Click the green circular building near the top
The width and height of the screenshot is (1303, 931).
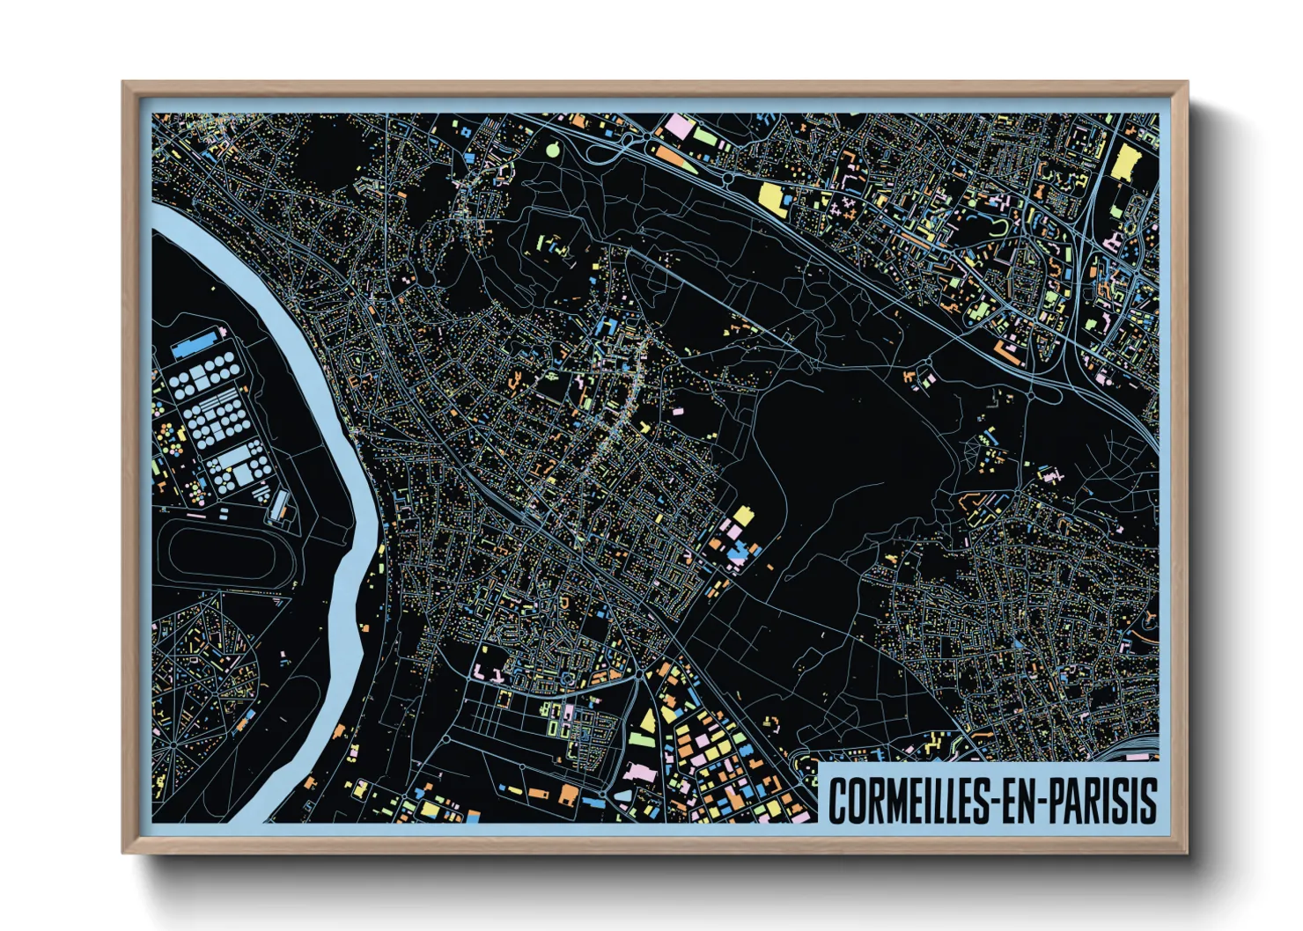point(553,149)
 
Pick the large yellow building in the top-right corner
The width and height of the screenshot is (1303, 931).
point(1126,164)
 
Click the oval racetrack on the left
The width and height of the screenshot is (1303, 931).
point(224,553)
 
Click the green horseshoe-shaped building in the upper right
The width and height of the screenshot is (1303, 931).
point(1001,230)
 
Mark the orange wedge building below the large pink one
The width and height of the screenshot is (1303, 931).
point(670,156)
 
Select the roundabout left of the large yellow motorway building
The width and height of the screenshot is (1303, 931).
point(729,179)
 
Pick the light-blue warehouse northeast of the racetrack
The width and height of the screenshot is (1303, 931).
point(280,505)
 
